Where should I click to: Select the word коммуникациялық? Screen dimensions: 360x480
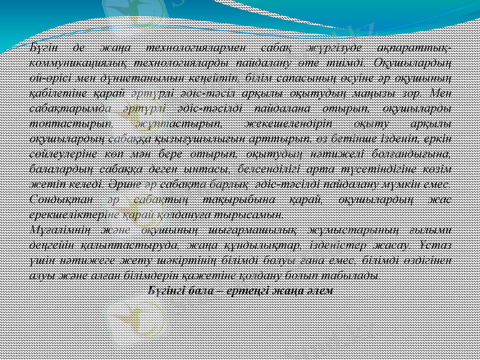pyautogui.click(x=70, y=62)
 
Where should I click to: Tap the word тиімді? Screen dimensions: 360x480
pyautogui.click(x=347, y=62)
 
